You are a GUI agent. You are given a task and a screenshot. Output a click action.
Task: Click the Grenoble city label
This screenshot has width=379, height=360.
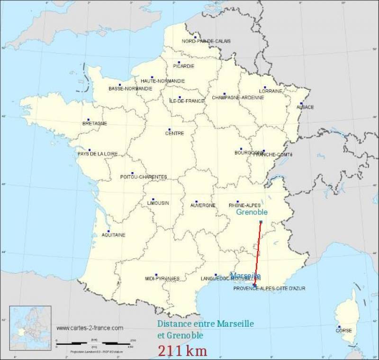point(252,212)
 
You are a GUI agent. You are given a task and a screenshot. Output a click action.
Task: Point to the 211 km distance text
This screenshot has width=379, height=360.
point(182,351)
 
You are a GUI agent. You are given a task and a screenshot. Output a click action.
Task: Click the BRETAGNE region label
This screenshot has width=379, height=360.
point(95,124)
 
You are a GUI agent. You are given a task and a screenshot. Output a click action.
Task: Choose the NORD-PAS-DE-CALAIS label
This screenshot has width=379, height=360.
point(207,41)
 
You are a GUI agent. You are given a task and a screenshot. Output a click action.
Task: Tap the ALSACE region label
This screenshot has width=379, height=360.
point(305,107)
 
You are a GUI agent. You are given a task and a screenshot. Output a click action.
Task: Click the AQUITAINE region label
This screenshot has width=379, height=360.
point(114,235)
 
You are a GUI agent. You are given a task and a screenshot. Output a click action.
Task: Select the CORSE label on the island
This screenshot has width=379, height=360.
point(343,331)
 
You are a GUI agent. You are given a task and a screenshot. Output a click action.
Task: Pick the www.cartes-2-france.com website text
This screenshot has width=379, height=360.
point(90,328)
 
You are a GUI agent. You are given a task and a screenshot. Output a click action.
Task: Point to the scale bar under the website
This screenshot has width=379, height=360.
point(95,341)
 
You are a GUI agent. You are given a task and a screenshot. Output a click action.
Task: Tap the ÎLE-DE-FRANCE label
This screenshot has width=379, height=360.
point(187,101)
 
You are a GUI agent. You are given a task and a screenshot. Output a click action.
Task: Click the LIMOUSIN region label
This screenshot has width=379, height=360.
point(158,203)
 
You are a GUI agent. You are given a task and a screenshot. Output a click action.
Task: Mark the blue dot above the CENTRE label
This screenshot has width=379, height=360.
point(169,129)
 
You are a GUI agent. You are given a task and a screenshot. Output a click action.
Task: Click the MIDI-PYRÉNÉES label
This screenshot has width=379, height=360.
point(162,278)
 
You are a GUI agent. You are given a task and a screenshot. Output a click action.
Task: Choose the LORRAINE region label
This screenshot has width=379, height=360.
point(271,91)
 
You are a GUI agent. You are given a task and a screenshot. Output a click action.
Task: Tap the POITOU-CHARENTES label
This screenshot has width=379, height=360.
point(144,177)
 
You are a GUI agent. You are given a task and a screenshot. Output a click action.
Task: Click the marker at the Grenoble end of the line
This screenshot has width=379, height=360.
point(261,222)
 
